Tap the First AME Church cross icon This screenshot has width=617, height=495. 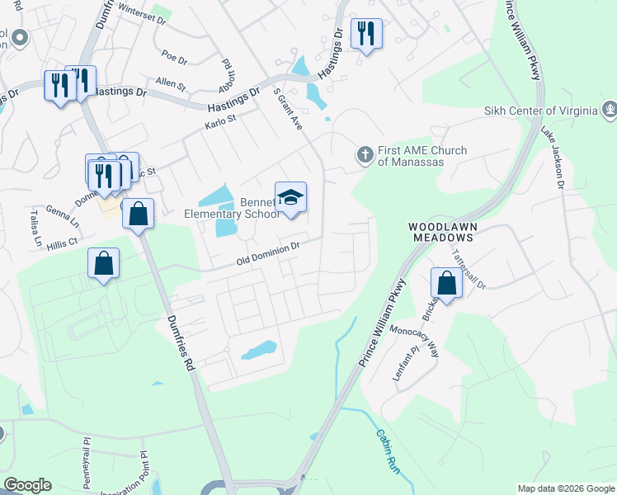[x=364, y=154]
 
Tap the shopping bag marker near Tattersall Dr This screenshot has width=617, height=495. [x=446, y=284]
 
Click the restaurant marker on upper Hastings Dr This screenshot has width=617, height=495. [x=365, y=34]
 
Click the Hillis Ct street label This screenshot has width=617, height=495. [x=62, y=243]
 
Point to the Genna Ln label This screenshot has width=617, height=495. [x=62, y=212]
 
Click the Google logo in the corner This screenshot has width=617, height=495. [x=28, y=485]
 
